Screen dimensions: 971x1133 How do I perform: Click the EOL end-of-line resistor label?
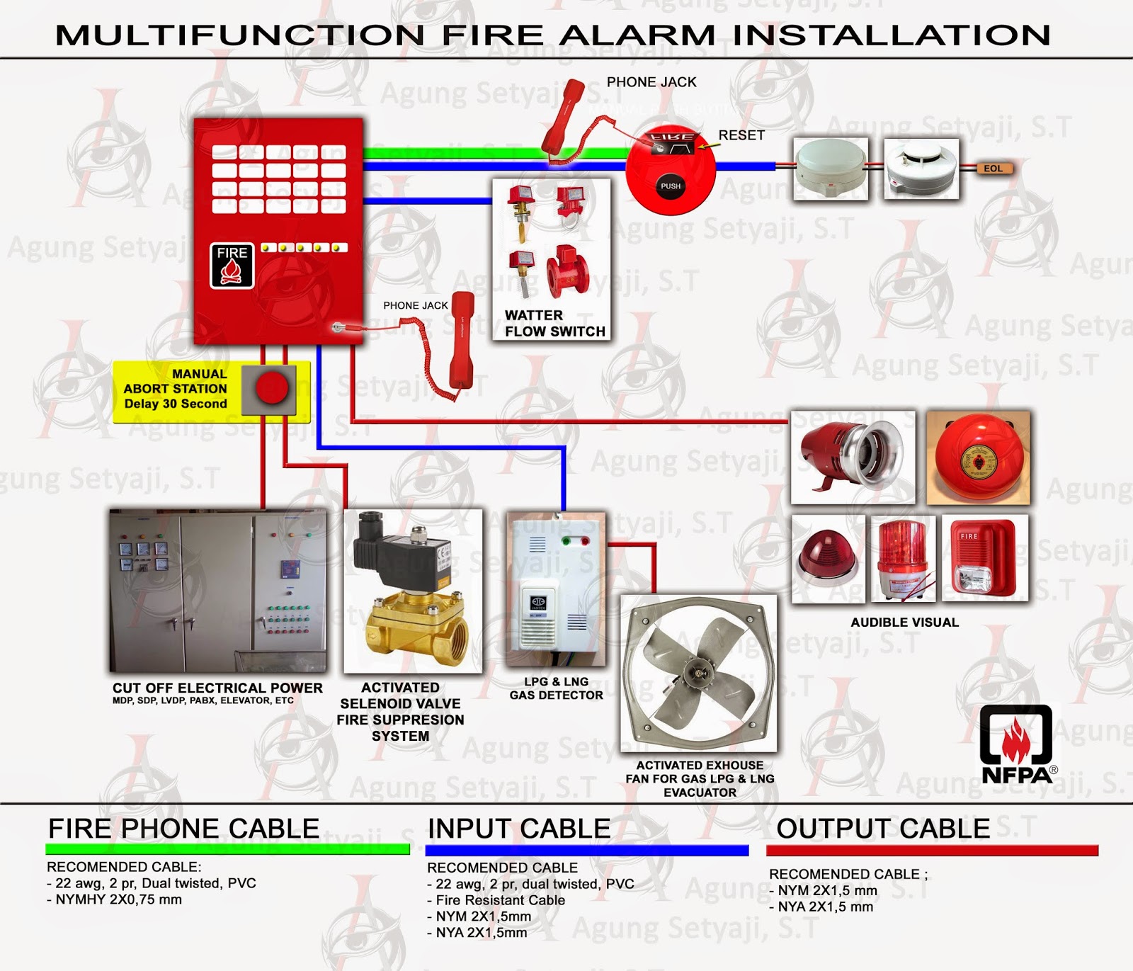pyautogui.click(x=993, y=169)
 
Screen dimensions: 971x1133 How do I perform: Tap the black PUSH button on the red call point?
pyautogui.click(x=670, y=186)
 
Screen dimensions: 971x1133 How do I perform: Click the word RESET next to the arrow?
pyautogui.click(x=741, y=135)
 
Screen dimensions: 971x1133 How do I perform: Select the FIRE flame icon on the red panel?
pyautogui.click(x=232, y=266)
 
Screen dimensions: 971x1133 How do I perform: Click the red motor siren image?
pyautogui.click(x=852, y=456)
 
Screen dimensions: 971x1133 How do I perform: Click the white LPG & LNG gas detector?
pyautogui.click(x=556, y=591)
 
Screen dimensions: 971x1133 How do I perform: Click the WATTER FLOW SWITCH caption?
pyautogui.click(x=554, y=324)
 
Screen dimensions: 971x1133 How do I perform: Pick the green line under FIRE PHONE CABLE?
pyautogui.click(x=227, y=849)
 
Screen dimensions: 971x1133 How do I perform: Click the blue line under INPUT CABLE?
pyautogui.click(x=587, y=851)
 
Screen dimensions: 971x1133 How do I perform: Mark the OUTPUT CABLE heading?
pyautogui.click(x=882, y=829)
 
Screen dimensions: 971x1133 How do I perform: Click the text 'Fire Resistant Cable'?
pyautogui.click(x=500, y=900)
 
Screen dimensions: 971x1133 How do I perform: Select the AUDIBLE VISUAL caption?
pyautogui.click(x=904, y=623)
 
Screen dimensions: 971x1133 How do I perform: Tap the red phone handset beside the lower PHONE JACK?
pyautogui.click(x=462, y=340)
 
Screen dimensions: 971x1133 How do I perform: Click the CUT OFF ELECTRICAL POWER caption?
pyautogui.click(x=217, y=688)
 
